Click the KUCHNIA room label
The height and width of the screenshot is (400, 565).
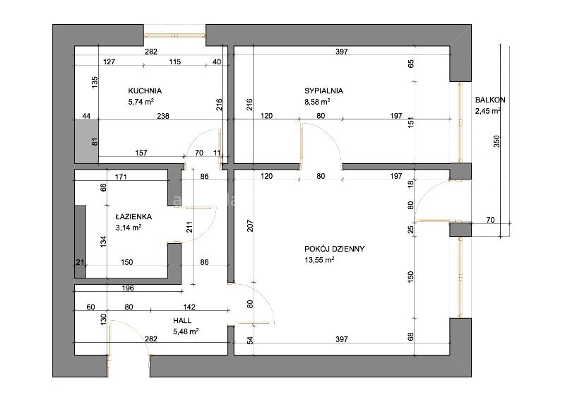click(145, 91)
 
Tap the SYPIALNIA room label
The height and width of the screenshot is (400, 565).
click(323, 91)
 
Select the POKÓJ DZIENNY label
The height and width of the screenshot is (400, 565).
click(334, 249)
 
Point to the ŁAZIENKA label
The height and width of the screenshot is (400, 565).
click(133, 217)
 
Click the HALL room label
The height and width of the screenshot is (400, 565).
click(182, 320)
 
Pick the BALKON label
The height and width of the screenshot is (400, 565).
click(490, 100)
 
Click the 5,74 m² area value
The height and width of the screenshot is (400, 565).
click(141, 102)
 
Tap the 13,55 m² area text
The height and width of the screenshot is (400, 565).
click(319, 259)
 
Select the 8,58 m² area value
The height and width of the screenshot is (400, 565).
click(317, 102)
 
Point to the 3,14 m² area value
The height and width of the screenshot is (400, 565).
click(129, 228)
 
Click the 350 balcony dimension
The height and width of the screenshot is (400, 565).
click(496, 141)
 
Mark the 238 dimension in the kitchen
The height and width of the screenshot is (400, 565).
click(163, 116)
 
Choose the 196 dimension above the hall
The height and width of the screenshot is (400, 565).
click(128, 288)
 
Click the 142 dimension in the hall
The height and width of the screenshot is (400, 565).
click(189, 307)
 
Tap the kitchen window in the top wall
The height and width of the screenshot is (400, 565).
click(174, 35)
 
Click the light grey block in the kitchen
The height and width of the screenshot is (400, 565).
click(86, 141)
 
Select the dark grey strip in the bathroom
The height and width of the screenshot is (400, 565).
click(81, 242)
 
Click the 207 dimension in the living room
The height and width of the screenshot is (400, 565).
click(251, 225)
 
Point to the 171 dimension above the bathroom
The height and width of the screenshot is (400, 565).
click(121, 177)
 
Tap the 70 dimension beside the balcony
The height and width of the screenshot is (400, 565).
click(490, 220)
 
